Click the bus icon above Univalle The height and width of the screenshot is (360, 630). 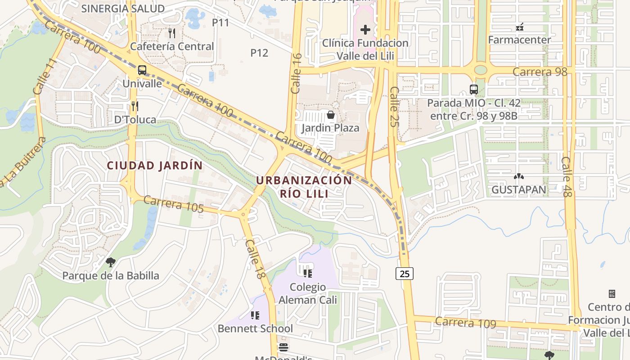[x=142, y=70]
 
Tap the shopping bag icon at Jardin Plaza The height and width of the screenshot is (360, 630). [x=331, y=115]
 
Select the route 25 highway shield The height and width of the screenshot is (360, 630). [x=405, y=273]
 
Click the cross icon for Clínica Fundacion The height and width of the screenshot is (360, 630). [x=365, y=30]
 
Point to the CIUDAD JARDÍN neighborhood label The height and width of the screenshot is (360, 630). [x=155, y=166]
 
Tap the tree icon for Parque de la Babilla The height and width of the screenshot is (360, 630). [x=110, y=262]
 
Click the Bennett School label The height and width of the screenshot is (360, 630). [x=255, y=328]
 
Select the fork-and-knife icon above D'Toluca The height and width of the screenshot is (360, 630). [x=135, y=106]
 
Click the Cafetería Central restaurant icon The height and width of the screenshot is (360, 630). [x=171, y=33]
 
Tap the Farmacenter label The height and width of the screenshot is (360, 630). [x=519, y=40]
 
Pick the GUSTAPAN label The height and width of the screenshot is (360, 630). [x=518, y=189]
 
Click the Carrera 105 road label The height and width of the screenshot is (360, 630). [x=174, y=204]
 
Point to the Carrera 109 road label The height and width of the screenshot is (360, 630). [x=465, y=323]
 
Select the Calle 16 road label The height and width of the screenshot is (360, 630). [x=296, y=67]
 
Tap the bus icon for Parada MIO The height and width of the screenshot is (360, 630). [x=473, y=89]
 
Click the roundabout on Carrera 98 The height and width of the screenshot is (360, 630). [x=481, y=70]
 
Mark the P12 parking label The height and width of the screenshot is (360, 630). [x=259, y=53]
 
